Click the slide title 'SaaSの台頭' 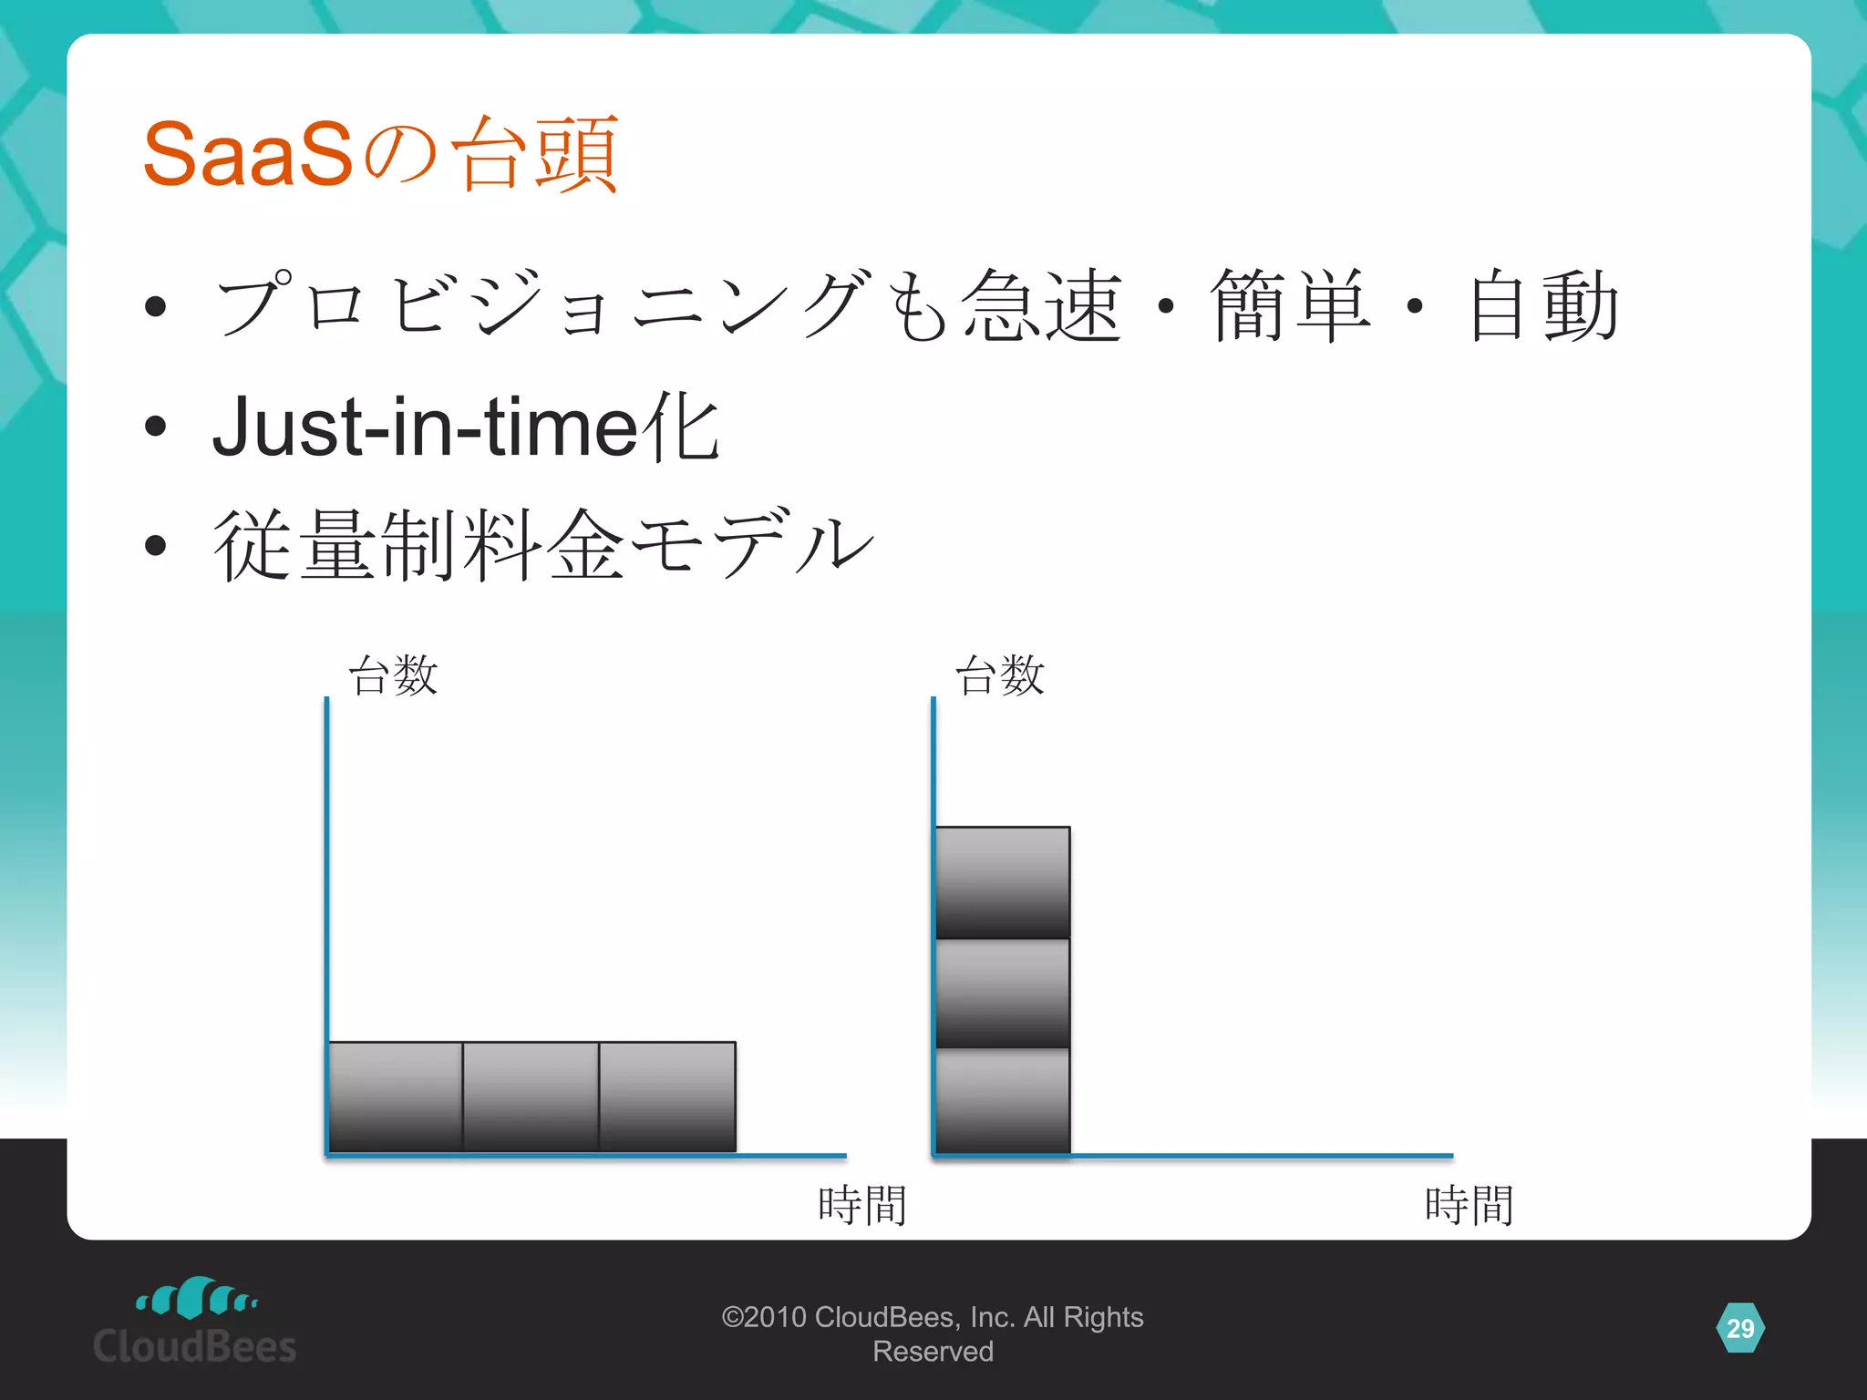click(x=381, y=154)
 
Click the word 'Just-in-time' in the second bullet click(x=425, y=427)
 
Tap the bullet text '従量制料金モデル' click(x=543, y=546)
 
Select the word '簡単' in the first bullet click(x=1291, y=305)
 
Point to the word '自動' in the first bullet click(x=1544, y=305)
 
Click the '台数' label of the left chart click(x=393, y=675)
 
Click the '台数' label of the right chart click(x=999, y=675)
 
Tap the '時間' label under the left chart click(x=861, y=1205)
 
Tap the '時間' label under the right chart click(x=1469, y=1205)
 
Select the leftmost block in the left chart click(x=396, y=1096)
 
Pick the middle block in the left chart click(x=531, y=1096)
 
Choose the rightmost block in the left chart click(x=667, y=1096)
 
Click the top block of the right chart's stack click(x=1003, y=882)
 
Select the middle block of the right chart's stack click(x=1003, y=993)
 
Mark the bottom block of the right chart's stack click(x=1003, y=1102)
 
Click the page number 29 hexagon click(x=1739, y=1328)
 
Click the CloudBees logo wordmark click(x=195, y=1346)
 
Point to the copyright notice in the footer click(x=933, y=1333)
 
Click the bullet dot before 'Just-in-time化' click(x=156, y=426)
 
